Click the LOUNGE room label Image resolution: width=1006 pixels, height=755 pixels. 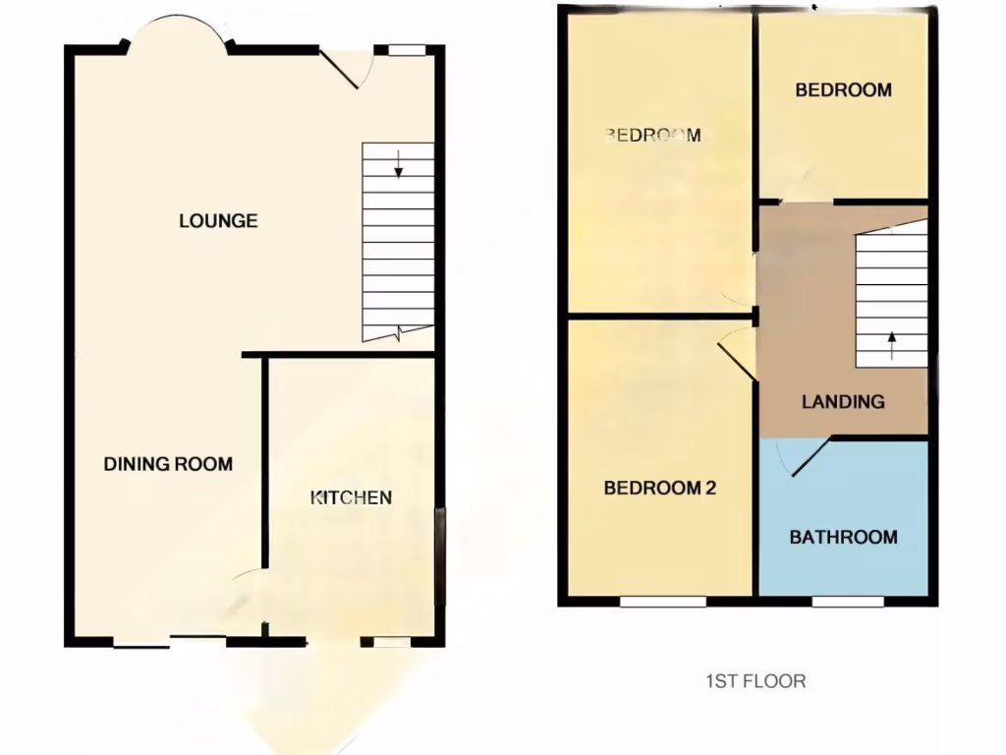click(218, 221)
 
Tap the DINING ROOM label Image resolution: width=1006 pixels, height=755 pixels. click(168, 464)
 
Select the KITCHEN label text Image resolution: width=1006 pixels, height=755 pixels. click(351, 497)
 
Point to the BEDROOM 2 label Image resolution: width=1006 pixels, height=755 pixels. click(659, 488)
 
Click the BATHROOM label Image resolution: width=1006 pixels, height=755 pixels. click(843, 537)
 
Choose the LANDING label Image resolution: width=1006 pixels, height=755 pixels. click(843, 401)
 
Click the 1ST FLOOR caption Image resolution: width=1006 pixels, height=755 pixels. click(755, 680)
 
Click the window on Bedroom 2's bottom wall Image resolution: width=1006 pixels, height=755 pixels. click(663, 601)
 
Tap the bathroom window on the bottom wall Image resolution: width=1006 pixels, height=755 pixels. click(848, 601)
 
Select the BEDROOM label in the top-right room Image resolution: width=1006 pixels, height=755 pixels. click(843, 90)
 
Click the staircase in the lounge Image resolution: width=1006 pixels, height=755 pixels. click(398, 241)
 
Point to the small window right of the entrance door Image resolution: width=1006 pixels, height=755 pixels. click(406, 49)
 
